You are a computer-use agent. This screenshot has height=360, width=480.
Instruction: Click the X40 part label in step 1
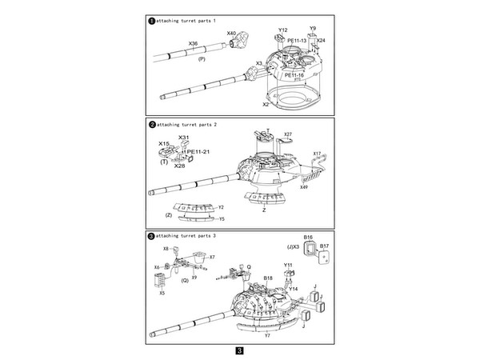232,33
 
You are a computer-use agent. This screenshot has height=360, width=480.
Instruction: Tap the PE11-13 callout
296,40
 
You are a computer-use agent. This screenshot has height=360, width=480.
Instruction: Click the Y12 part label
282,30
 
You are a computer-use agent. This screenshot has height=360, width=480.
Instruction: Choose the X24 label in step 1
321,40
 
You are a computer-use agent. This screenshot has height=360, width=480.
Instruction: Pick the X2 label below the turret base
266,104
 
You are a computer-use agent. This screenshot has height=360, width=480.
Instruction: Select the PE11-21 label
198,152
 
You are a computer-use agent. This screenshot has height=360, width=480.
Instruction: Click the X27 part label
288,134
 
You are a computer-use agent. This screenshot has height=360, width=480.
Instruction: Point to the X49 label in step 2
304,187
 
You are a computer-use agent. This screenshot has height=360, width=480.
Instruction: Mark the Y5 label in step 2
222,218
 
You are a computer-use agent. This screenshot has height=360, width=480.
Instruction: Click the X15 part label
163,144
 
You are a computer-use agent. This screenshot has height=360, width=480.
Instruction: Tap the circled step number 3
153,237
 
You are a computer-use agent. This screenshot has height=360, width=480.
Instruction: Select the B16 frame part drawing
309,250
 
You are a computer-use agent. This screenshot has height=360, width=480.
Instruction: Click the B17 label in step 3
324,246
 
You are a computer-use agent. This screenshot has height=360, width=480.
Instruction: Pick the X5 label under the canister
162,294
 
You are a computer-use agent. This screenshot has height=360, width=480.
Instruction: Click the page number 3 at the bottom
239,350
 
